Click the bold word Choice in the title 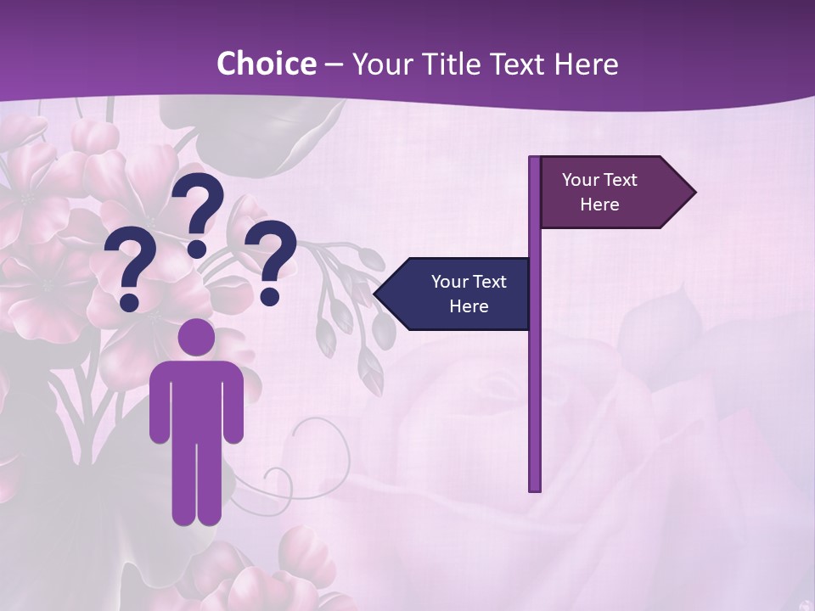point(266,64)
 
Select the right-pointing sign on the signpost point(611,192)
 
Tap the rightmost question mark point(272,259)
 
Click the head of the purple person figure point(197,338)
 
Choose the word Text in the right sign point(621,180)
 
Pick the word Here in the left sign point(469,306)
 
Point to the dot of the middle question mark point(197,249)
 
